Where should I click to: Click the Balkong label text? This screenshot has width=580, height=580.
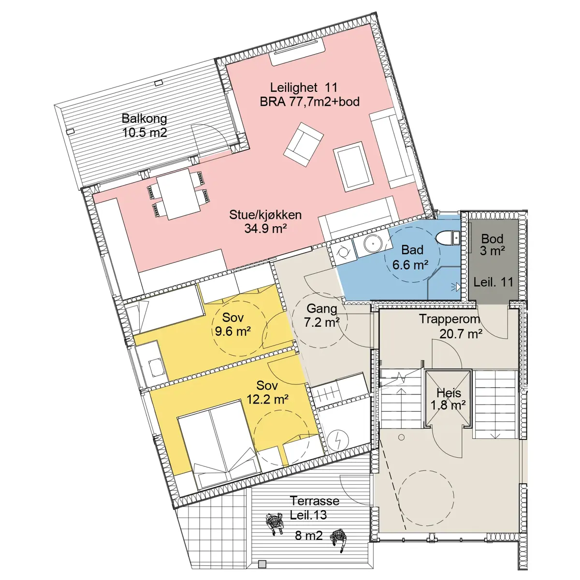[x=144, y=118]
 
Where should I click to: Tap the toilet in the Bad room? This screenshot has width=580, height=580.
[x=448, y=238]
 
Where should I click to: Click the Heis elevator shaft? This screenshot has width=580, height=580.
[x=448, y=398]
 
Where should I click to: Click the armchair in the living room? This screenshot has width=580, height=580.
[x=304, y=144]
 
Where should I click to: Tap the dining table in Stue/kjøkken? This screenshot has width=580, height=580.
[x=179, y=194]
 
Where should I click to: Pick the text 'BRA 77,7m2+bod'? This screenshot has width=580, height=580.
[x=309, y=101]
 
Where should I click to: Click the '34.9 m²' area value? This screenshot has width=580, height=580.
[x=265, y=229]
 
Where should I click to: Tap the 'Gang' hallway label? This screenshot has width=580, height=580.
[x=322, y=308]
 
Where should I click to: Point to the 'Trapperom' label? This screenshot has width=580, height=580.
[x=449, y=319]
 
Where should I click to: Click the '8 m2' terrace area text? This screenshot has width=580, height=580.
[x=308, y=536]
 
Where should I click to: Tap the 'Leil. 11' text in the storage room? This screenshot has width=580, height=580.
[x=493, y=282]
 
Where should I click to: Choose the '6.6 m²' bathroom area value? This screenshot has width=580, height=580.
[x=410, y=264]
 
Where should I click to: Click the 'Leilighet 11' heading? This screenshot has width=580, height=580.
[x=304, y=87]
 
